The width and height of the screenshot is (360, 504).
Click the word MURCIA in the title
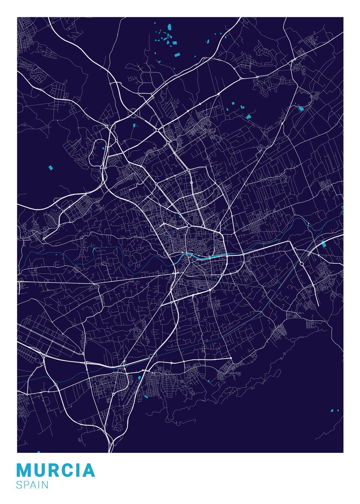coord(56,470)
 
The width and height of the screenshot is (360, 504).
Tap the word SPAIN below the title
coord(32,485)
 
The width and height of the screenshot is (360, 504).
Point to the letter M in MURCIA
coord(24,470)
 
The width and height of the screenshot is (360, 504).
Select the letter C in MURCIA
coord(68,470)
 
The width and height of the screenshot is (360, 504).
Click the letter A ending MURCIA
coord(89,470)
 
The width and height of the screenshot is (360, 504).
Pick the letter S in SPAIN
coord(19,485)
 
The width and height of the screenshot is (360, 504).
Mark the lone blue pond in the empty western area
coord(51,168)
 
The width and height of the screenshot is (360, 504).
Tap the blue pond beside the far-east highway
coord(323,244)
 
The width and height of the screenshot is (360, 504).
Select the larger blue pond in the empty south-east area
coord(332,410)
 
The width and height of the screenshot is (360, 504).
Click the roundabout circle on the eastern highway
coord(302,264)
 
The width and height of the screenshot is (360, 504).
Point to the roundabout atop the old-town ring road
coord(189,226)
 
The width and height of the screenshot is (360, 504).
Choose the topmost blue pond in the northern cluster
coord(170,27)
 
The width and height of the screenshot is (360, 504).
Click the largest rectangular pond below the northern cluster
coord(177,55)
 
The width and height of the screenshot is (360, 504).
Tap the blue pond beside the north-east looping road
coord(301,109)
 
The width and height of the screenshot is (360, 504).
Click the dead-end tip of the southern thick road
coord(231,358)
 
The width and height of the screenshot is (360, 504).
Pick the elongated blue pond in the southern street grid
coord(145,396)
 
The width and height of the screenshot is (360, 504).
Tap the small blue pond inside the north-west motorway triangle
coord(134,125)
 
